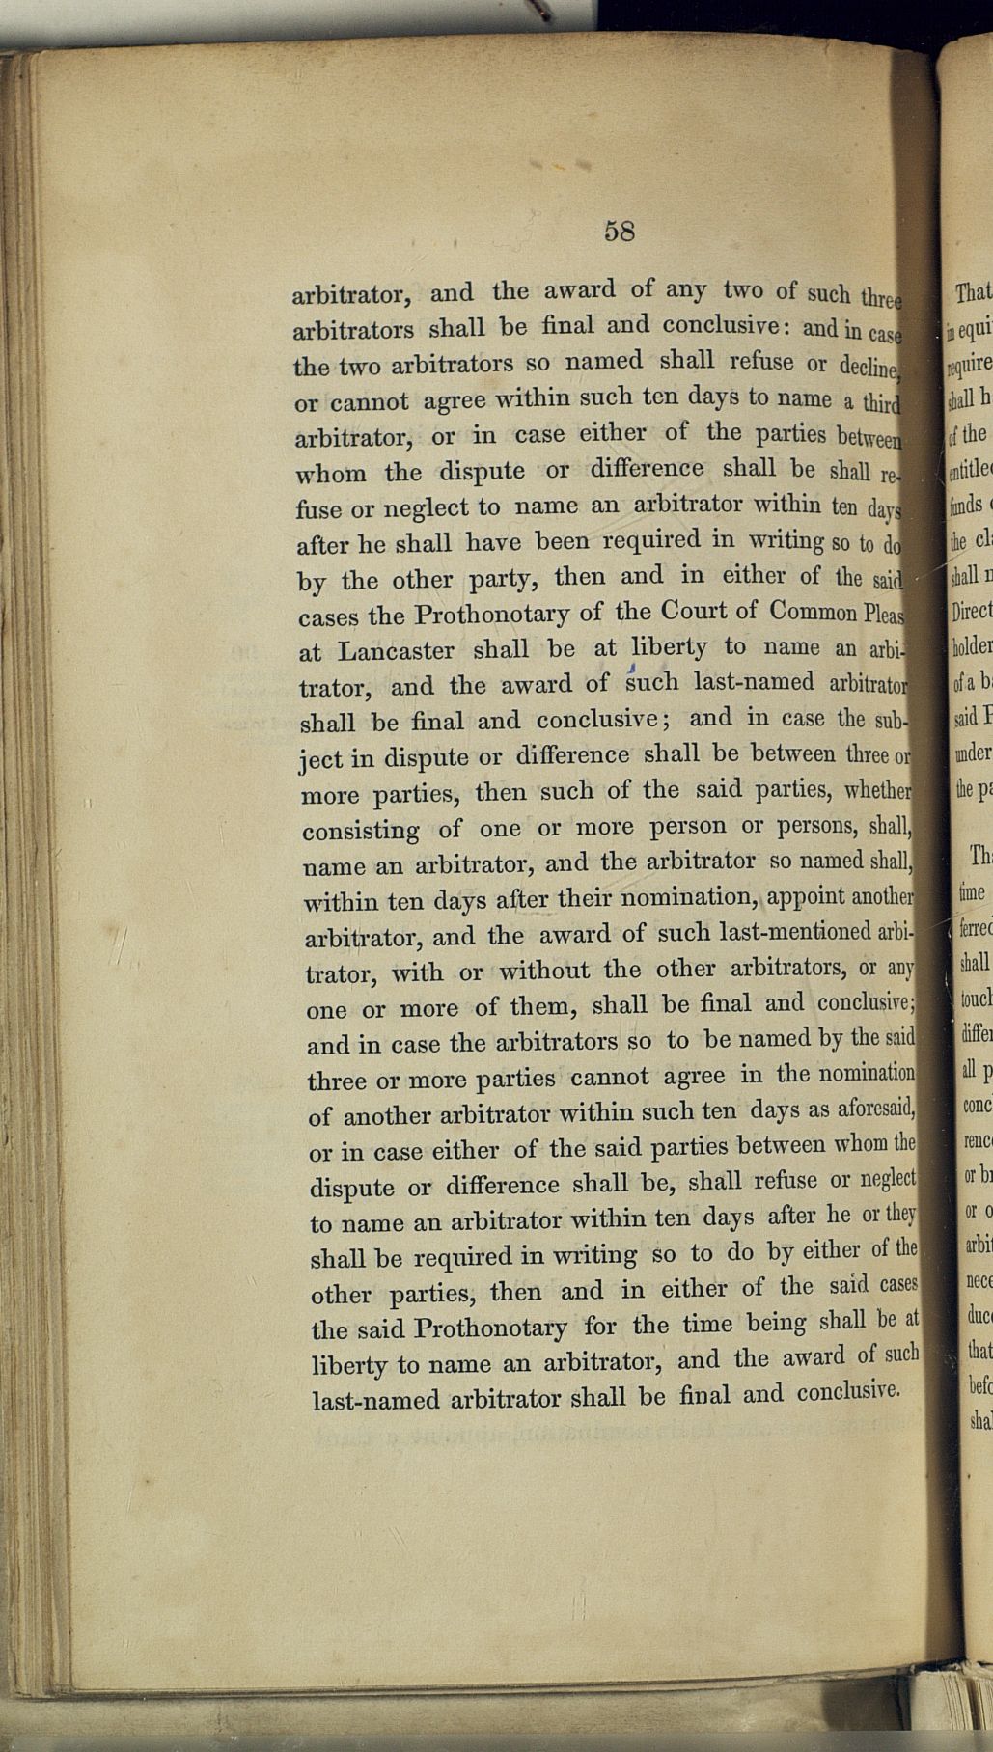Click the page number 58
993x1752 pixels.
pyautogui.click(x=619, y=232)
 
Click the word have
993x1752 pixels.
pyautogui.click(x=493, y=542)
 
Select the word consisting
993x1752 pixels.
pyautogui.click(x=361, y=830)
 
